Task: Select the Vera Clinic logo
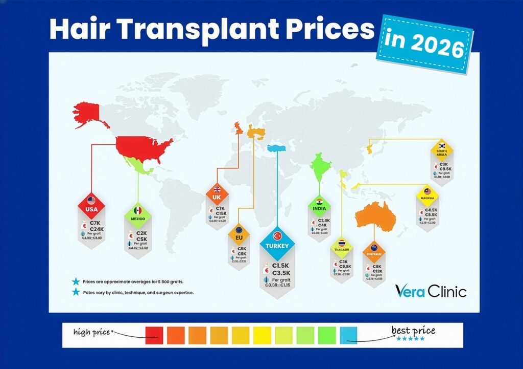pyautogui.click(x=430, y=291)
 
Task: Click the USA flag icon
pyautogui.click(x=91, y=201)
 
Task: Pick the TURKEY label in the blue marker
pyautogui.click(x=277, y=246)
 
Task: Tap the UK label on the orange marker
pyautogui.click(x=216, y=197)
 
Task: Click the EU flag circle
pyautogui.click(x=239, y=230)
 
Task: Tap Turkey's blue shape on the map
pyautogui.click(x=277, y=147)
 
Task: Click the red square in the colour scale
pyautogui.click(x=154, y=335)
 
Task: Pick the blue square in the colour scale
pyautogui.click(x=349, y=335)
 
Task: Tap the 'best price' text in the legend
pyautogui.click(x=413, y=331)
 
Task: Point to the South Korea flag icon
pyautogui.click(x=442, y=146)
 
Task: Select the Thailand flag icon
pyautogui.click(x=342, y=243)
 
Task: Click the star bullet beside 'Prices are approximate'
pyautogui.click(x=76, y=281)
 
